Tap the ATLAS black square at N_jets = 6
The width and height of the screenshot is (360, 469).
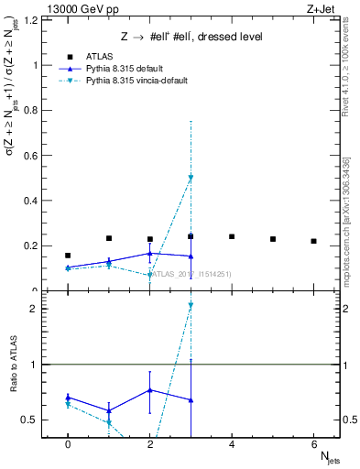pyautogui.click(x=314, y=241)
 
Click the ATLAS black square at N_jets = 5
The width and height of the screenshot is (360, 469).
pyautogui.click(x=273, y=239)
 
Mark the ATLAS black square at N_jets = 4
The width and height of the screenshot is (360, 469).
pyautogui.click(x=232, y=236)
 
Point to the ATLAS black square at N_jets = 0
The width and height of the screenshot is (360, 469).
pyautogui.click(x=68, y=256)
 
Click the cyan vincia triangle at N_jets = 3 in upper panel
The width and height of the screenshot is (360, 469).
pyautogui.click(x=191, y=178)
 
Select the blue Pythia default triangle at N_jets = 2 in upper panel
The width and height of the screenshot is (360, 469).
pyautogui.click(x=150, y=253)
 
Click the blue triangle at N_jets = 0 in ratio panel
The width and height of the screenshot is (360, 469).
pyautogui.click(x=68, y=398)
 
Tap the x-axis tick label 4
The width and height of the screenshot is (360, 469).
pyautogui.click(x=232, y=442)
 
